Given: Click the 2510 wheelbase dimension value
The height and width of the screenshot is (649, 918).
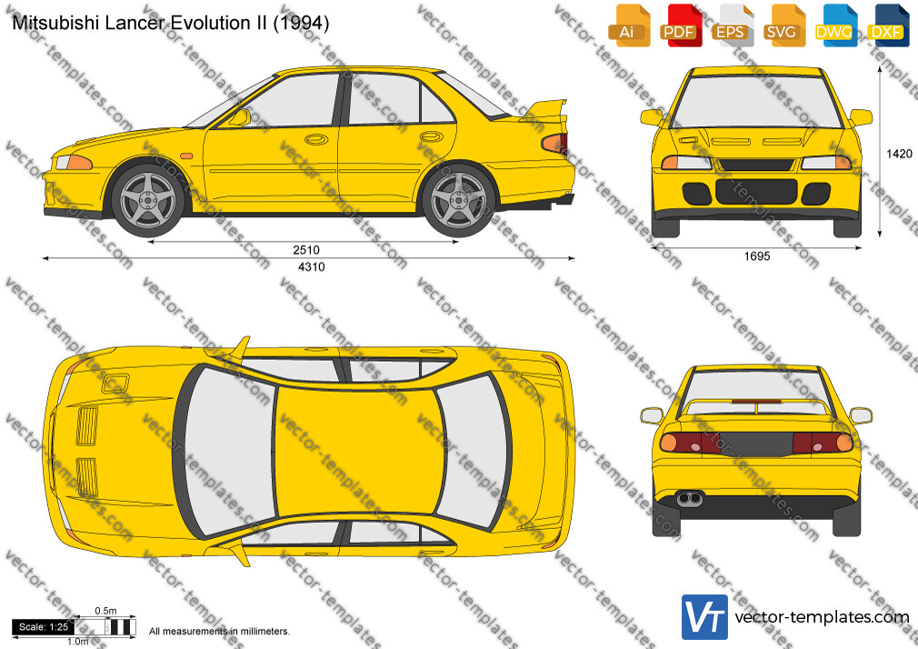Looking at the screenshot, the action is (306, 250).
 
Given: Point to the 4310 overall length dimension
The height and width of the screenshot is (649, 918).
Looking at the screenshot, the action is (312, 267).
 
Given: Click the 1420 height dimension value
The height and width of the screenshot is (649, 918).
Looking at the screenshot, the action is (899, 154).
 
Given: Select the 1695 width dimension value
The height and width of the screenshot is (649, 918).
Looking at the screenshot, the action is (757, 256).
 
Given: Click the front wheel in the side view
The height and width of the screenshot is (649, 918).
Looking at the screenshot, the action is (148, 200).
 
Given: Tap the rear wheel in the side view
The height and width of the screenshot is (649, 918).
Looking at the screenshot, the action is (458, 200).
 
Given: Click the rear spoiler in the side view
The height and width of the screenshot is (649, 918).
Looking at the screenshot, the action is (544, 112).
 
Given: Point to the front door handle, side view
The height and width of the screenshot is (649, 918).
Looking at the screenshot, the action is (316, 139).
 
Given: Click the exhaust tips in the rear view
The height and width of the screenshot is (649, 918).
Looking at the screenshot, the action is (690, 499).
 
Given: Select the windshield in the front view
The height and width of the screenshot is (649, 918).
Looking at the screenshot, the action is (756, 101).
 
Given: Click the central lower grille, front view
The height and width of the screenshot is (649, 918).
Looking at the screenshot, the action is (756, 192).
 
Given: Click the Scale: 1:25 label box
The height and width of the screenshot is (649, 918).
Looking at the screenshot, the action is (44, 627).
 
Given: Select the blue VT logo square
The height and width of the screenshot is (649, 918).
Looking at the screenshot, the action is (704, 617).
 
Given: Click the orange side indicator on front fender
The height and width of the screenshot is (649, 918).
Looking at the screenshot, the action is (186, 156).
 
